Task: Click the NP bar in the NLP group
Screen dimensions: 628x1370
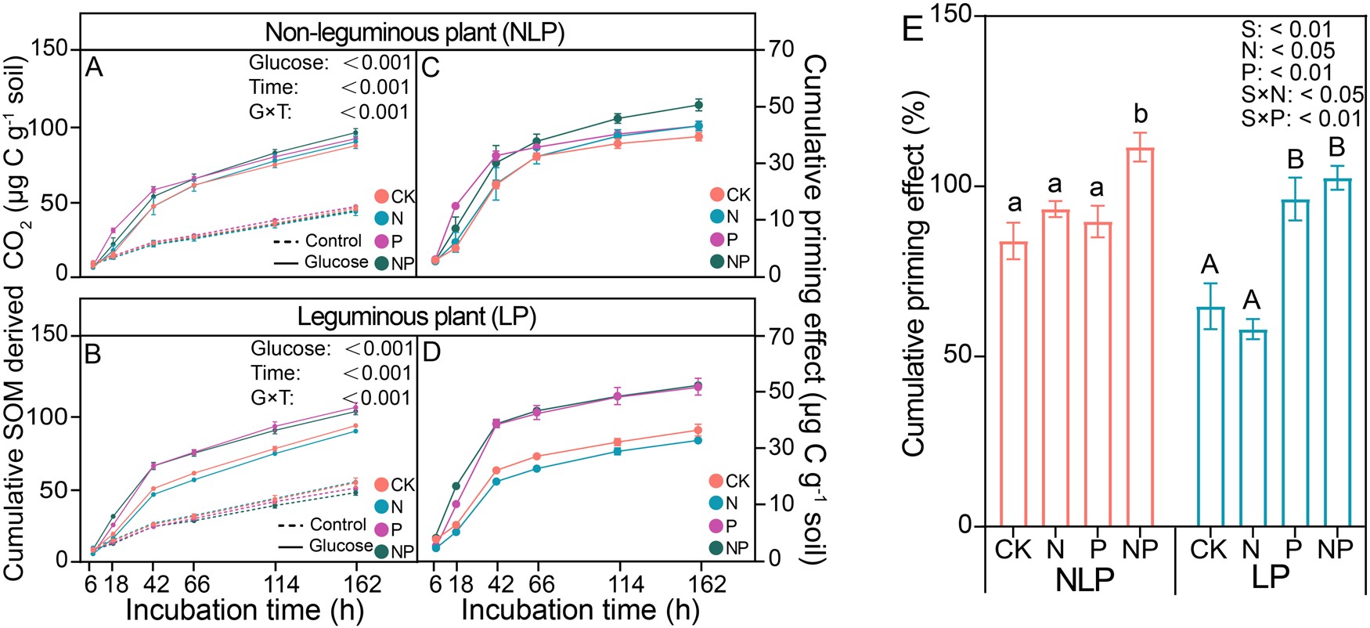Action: (1141, 337)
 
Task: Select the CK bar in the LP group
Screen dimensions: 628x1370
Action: (1211, 416)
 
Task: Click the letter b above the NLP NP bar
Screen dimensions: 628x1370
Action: (1141, 114)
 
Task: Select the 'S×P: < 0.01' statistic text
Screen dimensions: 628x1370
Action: (1302, 118)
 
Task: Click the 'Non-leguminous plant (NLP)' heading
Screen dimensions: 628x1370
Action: (415, 32)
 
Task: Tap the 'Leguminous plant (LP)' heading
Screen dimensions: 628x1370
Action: (416, 316)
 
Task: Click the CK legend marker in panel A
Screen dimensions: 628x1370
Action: (382, 196)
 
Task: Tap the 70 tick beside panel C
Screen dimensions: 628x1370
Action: (781, 49)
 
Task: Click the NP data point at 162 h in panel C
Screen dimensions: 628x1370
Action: (698, 105)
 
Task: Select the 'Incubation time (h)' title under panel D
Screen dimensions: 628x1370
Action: (579, 610)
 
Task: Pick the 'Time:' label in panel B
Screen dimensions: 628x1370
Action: (276, 373)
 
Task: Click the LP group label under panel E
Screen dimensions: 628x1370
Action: (1270, 577)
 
